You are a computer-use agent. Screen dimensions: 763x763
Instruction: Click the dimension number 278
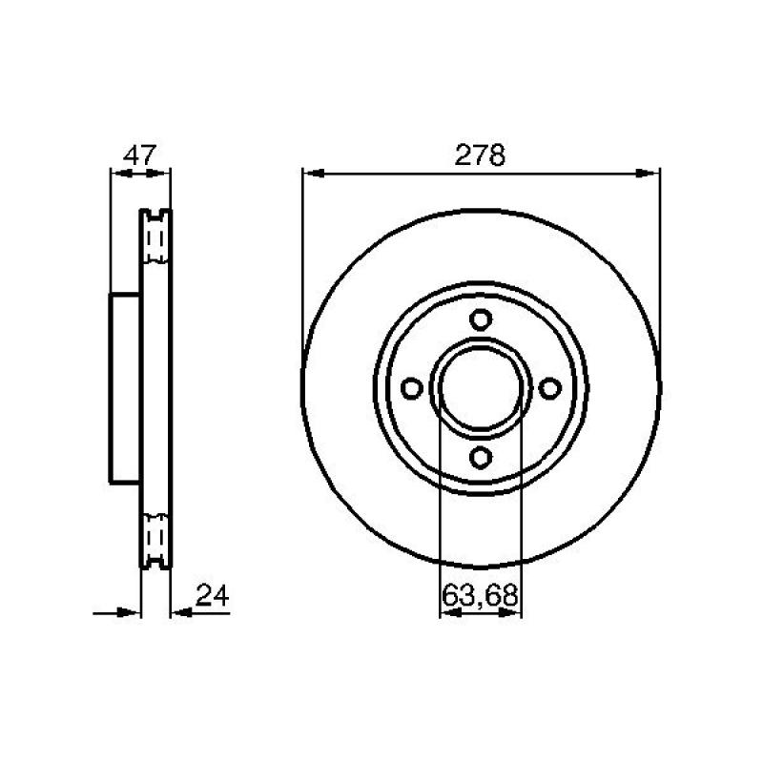click(x=480, y=155)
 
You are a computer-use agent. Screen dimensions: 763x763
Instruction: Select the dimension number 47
click(x=139, y=155)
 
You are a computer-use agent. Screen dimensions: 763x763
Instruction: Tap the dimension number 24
click(x=212, y=595)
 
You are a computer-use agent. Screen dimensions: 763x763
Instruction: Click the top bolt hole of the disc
click(x=481, y=320)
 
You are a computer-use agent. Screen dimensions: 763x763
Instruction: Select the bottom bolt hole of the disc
click(x=481, y=458)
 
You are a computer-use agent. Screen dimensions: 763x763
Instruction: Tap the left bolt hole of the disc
click(x=412, y=388)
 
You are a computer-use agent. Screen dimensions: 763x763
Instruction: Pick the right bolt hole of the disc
click(x=550, y=388)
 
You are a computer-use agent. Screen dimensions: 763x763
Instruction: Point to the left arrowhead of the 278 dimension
click(x=313, y=174)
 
